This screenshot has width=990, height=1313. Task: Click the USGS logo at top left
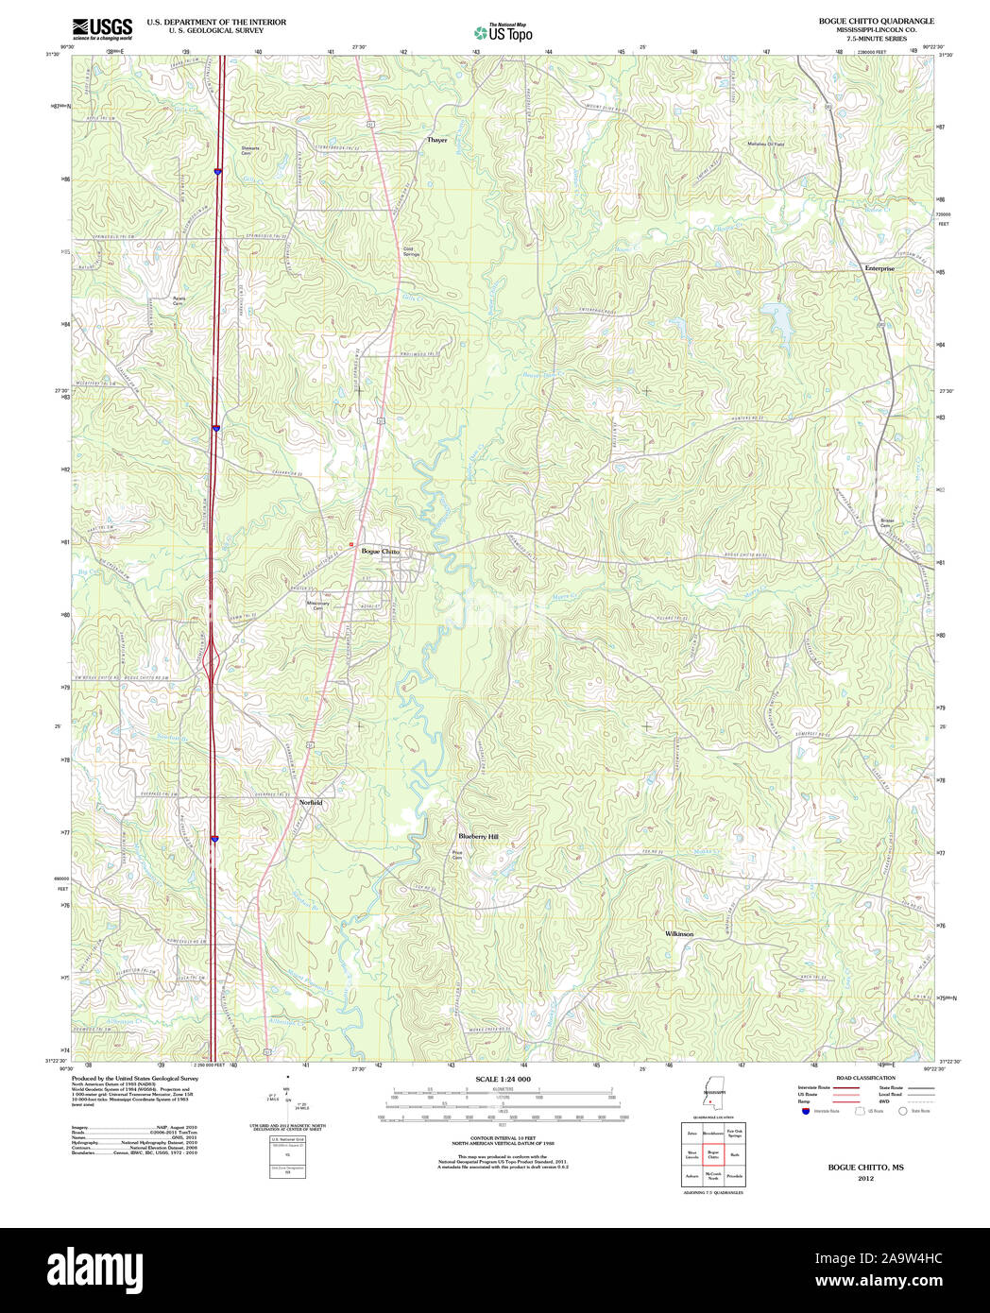(x=102, y=27)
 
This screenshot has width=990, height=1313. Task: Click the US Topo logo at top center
(x=504, y=32)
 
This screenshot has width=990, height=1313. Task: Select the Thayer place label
(x=436, y=140)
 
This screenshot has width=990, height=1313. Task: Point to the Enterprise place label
(x=879, y=268)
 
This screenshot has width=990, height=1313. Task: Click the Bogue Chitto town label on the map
(x=380, y=551)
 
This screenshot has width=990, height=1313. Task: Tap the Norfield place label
(x=311, y=802)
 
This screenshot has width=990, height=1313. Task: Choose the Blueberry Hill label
(x=478, y=836)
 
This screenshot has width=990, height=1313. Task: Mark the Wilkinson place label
(x=679, y=933)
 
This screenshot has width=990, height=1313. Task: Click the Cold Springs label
(x=412, y=252)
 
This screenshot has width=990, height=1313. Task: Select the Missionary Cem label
(x=318, y=605)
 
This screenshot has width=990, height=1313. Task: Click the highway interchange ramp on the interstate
(x=213, y=658)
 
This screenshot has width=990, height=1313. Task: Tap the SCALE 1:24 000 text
(x=503, y=1079)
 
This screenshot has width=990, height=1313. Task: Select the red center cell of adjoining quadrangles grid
(x=713, y=1153)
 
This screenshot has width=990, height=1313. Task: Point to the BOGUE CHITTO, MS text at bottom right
(x=865, y=1168)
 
